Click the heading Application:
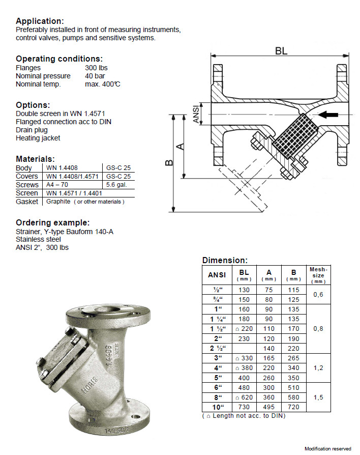(40, 21)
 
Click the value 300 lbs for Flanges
(96, 68)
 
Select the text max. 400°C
(103, 84)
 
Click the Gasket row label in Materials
(26, 202)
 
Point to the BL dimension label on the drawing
(281, 51)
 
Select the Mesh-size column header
(318, 275)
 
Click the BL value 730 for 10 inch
(244, 407)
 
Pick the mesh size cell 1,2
(318, 367)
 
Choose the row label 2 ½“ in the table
(218, 348)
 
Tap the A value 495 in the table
(269, 407)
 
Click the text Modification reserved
(328, 448)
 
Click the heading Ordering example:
(53, 223)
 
